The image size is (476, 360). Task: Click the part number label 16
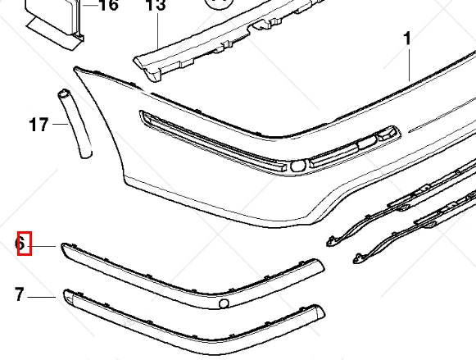tap(108, 7)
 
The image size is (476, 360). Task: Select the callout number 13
tap(156, 7)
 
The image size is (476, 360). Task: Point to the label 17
tap(38, 125)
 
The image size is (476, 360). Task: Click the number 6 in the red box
tap(24, 244)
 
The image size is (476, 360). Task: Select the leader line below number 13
tap(156, 33)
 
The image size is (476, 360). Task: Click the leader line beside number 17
tap(62, 125)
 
